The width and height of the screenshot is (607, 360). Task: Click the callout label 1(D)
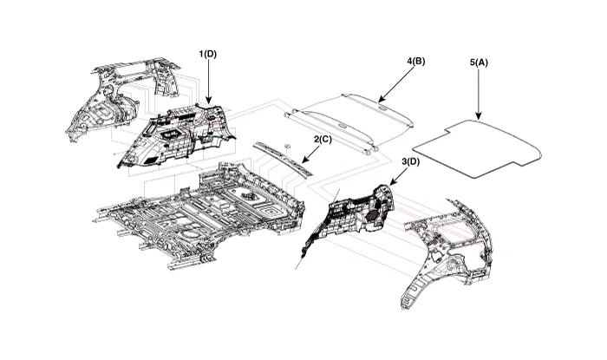coord(208,54)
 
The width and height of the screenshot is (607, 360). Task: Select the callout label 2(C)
coord(322,139)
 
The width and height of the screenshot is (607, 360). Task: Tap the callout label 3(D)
coord(410,162)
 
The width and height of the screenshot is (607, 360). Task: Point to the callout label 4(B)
coord(415,62)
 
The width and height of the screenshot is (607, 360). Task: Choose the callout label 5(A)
coord(479,62)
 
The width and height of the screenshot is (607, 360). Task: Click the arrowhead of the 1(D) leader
coord(208,104)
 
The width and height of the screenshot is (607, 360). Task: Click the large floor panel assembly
coord(199,213)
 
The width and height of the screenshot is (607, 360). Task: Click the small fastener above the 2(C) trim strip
coord(285,143)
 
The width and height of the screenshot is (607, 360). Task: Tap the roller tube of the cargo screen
coord(347,130)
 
